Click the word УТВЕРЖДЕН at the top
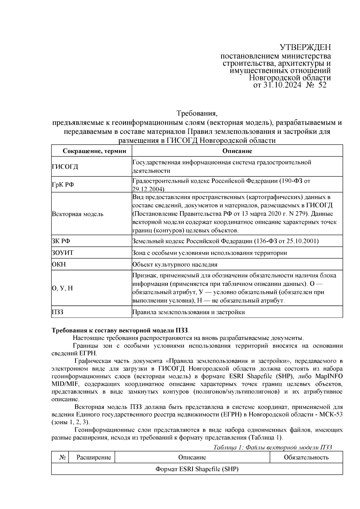coord(305,47)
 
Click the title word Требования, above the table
coord(196,114)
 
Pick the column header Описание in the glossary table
coord(237,151)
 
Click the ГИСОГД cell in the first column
coord(65,166)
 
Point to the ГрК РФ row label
coord(63,184)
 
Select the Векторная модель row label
coord(78,214)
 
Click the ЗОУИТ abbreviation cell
coord(63,253)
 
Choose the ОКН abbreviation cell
coord(59,265)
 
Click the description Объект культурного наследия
coord(175,265)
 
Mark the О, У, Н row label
coord(62,288)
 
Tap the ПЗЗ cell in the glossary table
coord(58,312)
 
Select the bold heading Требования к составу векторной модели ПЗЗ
coord(121,331)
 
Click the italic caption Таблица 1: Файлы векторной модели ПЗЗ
coord(272,447)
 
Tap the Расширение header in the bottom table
coord(94,457)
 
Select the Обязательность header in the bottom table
coord(306,457)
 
